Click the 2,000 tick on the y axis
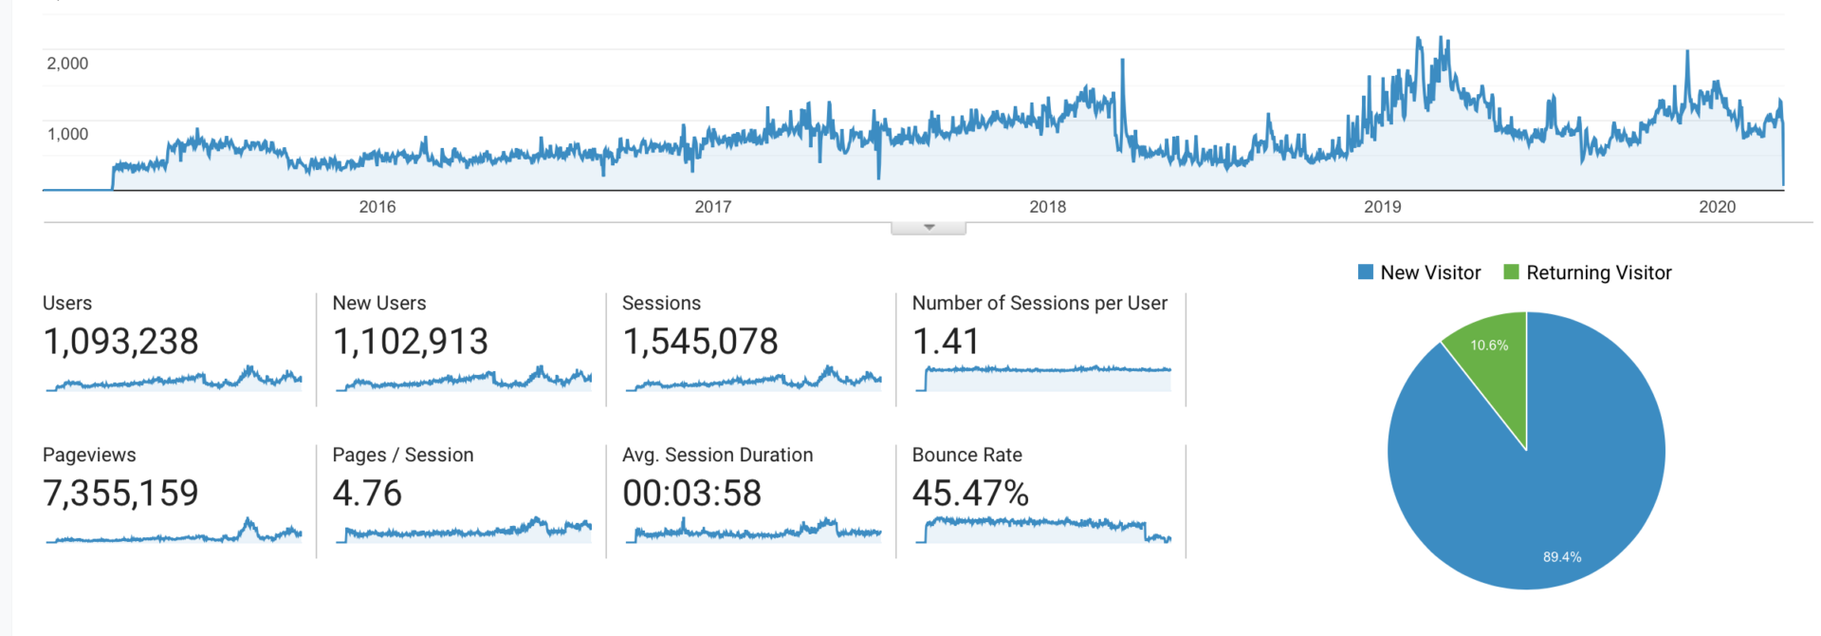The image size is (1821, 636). pos(67,64)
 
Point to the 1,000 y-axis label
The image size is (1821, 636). pos(67,134)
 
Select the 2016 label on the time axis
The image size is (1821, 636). pos(377,207)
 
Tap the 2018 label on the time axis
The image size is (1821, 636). pos(1047,207)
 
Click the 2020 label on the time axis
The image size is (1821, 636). pos(1717,207)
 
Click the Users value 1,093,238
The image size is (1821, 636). pos(121,342)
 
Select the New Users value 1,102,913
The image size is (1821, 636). pos(411,342)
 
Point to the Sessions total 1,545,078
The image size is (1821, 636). pos(700,342)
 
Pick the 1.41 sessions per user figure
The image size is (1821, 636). pos(945,342)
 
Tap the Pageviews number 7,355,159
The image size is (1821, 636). pos(121,494)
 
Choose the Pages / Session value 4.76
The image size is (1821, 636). pos(367,494)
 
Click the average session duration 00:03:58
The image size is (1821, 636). pos(691,494)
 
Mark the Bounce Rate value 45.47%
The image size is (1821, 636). pos(970,494)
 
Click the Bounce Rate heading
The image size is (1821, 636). pos(966,455)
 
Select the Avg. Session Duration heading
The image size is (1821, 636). pos(717,455)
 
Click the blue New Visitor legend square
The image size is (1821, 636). pos(1366,272)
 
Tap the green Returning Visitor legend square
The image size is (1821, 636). pos(1512,272)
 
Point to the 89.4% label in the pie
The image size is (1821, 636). pos(1562,557)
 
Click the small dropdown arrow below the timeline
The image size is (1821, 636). pos(929,228)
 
